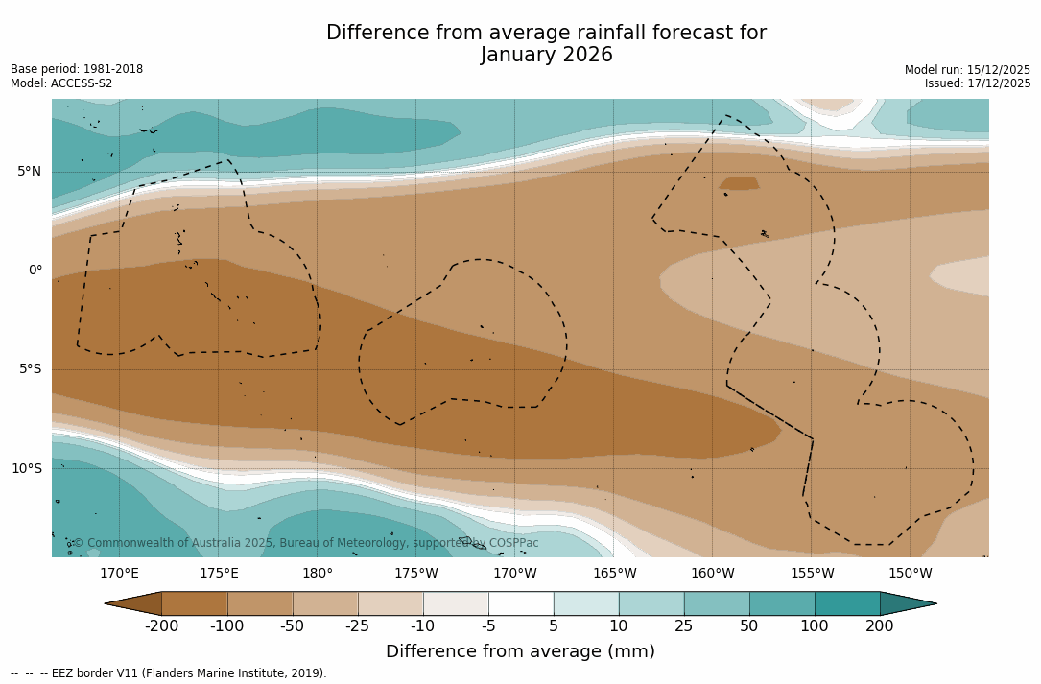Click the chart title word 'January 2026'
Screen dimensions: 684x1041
tap(546, 56)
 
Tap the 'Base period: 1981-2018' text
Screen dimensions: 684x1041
tap(77, 69)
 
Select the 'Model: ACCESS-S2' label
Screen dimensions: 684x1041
tap(61, 83)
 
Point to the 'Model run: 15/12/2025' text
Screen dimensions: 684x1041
tap(967, 70)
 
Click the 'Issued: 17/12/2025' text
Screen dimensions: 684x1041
tap(978, 83)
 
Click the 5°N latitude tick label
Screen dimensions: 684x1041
tap(30, 172)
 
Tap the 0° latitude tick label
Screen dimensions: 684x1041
tap(35, 271)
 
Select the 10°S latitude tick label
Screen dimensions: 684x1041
tap(27, 469)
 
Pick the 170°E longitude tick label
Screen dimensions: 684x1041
tap(120, 574)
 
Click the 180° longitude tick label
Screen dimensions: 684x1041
tap(318, 574)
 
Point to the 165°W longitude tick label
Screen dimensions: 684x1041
tap(614, 574)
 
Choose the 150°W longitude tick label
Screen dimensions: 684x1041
tap(911, 574)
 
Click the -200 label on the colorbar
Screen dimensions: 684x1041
tap(162, 626)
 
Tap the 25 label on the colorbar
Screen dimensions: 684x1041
tap(684, 626)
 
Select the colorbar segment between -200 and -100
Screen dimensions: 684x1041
tap(195, 603)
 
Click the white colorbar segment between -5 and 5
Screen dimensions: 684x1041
tap(521, 603)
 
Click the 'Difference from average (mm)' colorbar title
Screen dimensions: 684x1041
tap(520, 652)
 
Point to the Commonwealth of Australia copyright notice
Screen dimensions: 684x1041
tap(306, 543)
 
